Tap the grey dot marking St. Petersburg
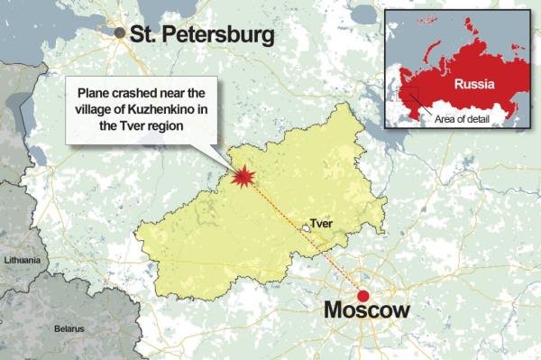[121, 33]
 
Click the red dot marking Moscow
[363, 296]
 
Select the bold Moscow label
[366, 312]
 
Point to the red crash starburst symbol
[242, 177]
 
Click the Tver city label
[320, 221]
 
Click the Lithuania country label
[23, 259]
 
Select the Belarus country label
[68, 329]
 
